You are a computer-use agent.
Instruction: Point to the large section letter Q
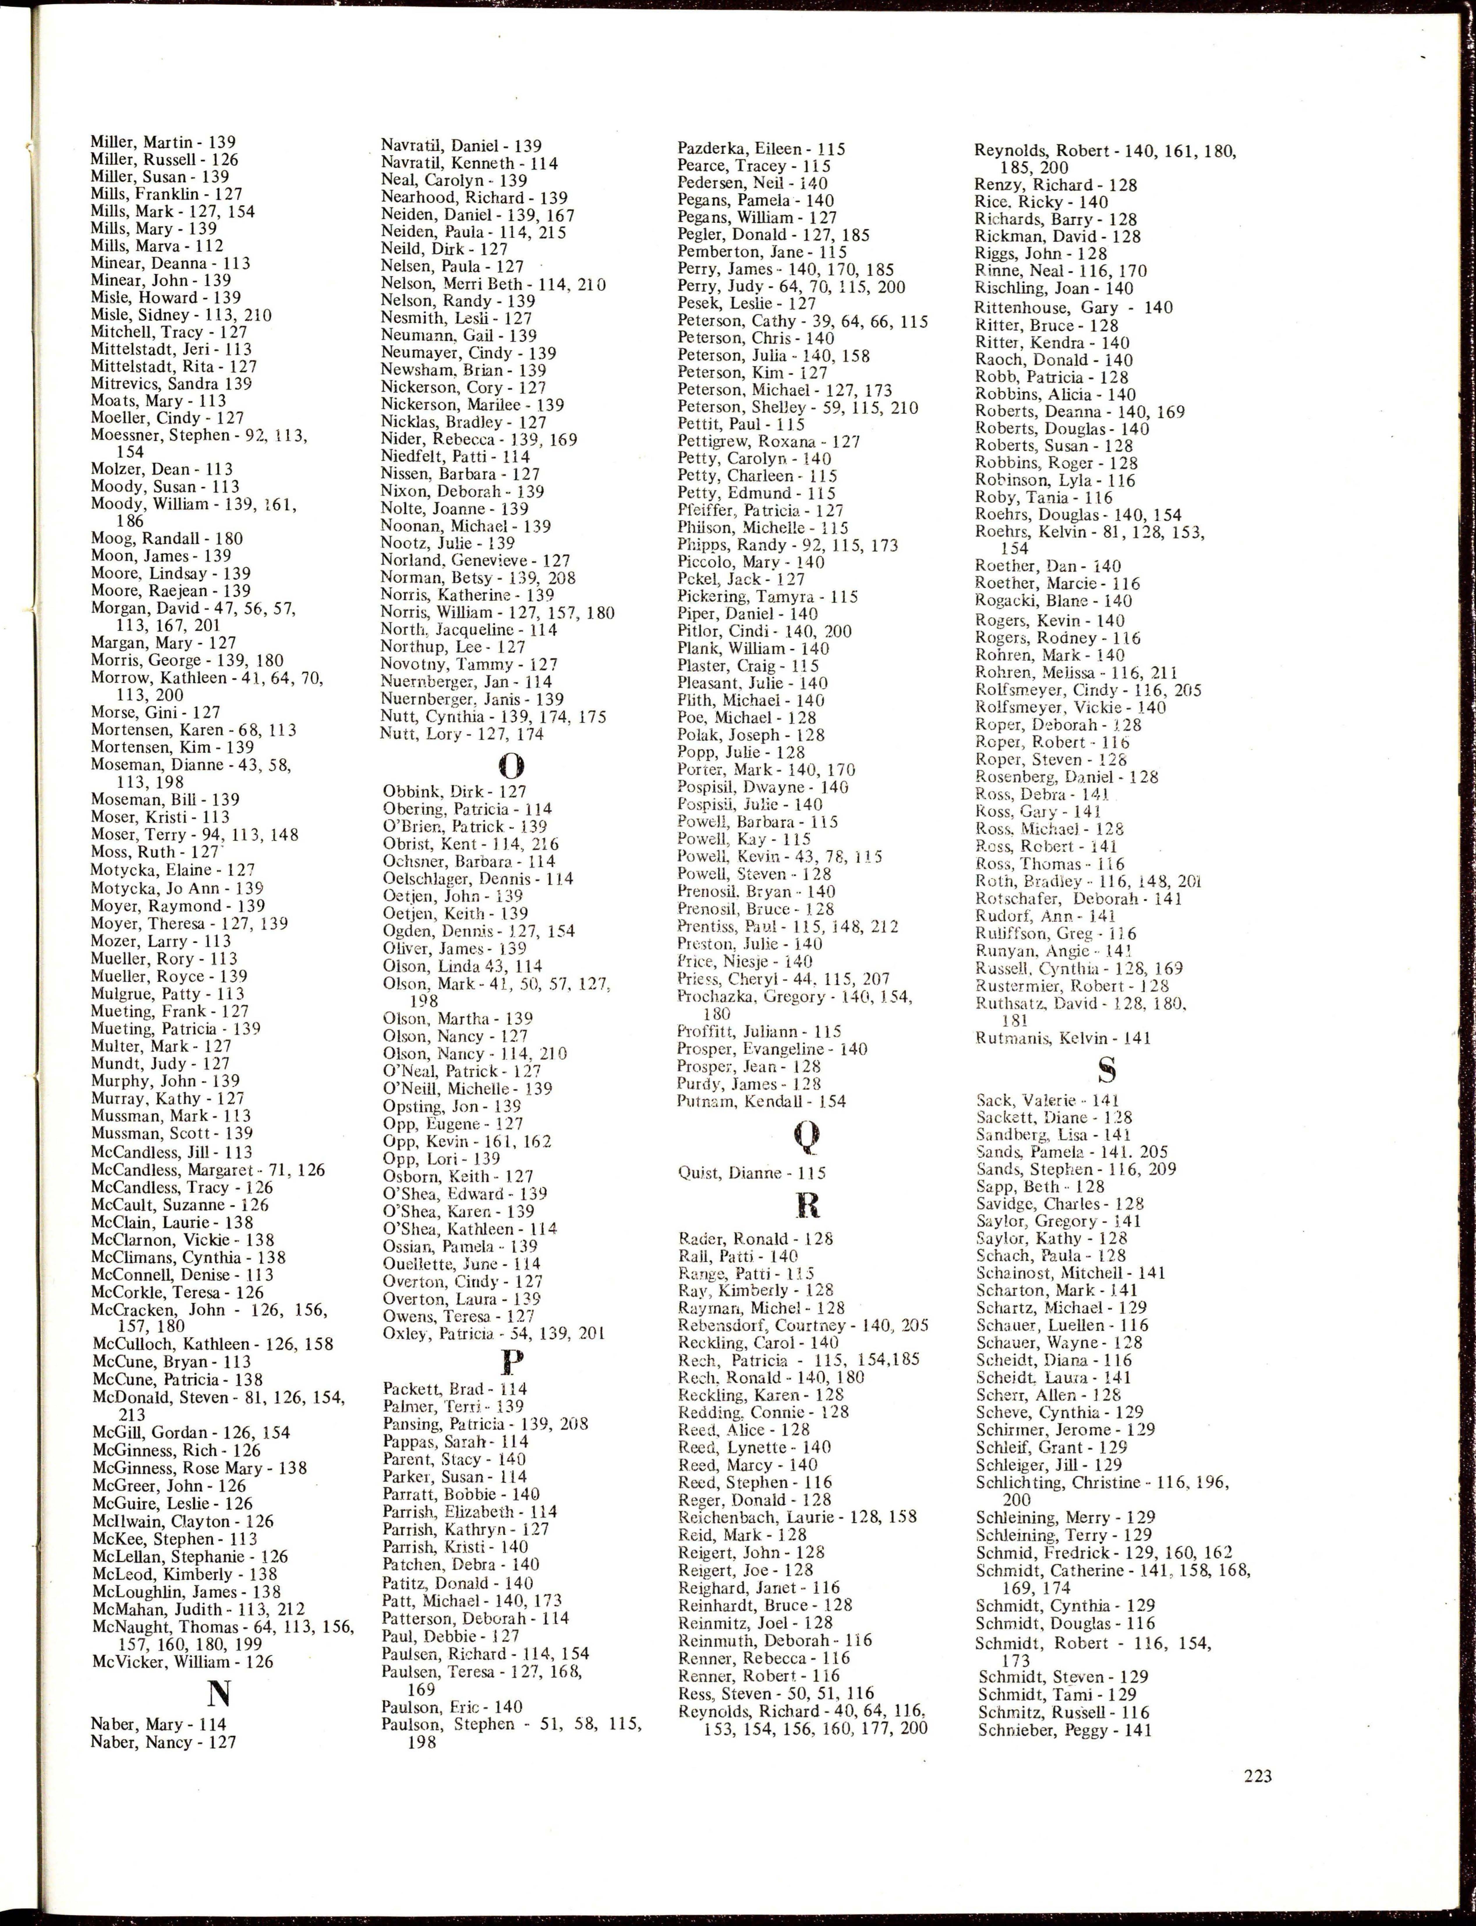click(806, 1138)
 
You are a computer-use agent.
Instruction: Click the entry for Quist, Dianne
click(751, 1172)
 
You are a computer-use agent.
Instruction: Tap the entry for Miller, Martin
click(162, 142)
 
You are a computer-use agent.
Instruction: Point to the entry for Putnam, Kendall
click(761, 1101)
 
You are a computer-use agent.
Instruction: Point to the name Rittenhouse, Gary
click(1074, 307)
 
